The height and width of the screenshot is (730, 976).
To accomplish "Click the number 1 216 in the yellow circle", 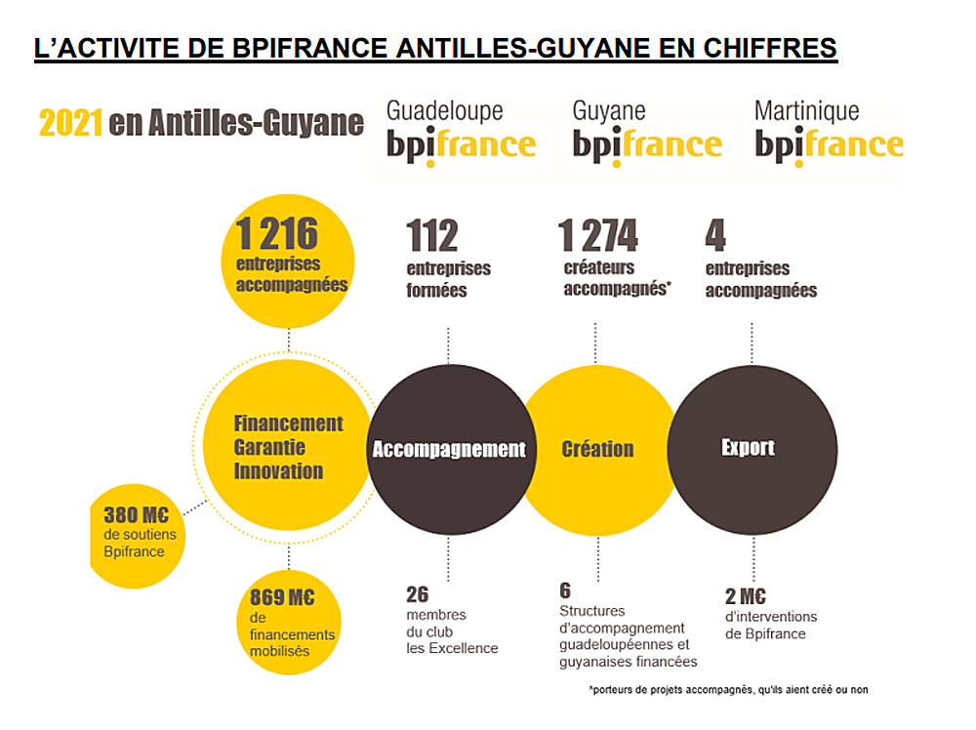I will [277, 234].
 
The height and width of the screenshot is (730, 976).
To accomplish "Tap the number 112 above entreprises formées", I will [432, 236].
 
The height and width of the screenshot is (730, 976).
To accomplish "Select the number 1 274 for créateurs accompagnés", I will [597, 236].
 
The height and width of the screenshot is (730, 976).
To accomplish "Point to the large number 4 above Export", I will [715, 236].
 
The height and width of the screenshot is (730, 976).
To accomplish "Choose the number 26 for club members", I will [417, 594].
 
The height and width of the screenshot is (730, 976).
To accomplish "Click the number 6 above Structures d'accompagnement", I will [565, 590].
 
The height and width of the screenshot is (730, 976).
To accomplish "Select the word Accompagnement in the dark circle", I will [449, 450].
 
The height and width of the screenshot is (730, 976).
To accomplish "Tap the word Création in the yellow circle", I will [597, 450].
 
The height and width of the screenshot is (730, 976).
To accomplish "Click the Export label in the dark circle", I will [748, 448].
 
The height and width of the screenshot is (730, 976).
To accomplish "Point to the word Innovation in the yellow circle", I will [278, 471].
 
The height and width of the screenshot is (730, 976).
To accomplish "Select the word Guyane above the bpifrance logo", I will [609, 111].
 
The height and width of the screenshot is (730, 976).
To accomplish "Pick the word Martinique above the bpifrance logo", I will [806, 111].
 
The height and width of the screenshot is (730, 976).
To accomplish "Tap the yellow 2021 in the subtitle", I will [70, 124].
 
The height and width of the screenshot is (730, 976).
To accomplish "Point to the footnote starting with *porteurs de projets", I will [728, 690].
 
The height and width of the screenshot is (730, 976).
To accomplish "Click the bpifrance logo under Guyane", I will [646, 146].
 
